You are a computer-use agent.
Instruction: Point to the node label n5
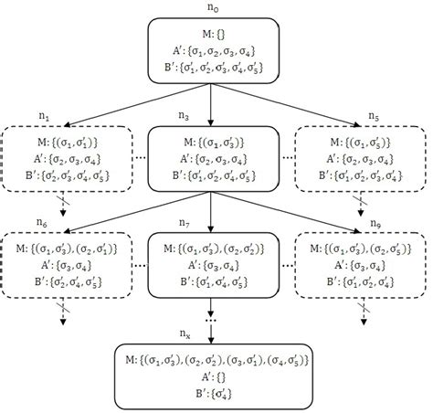pos(373,118)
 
